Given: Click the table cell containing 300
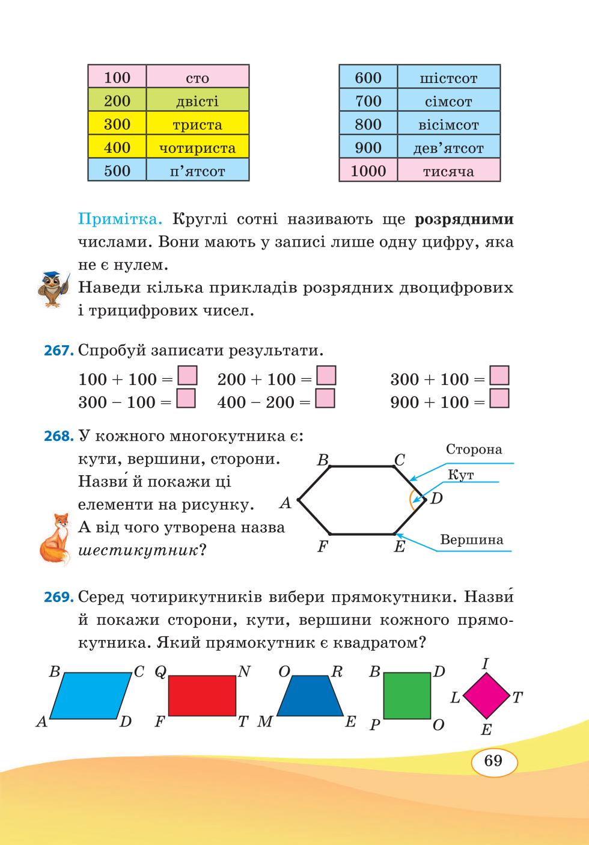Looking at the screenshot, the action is coord(117,123).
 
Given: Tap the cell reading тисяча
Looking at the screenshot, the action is coord(449,170).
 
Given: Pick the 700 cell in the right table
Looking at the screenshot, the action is coord(368,100).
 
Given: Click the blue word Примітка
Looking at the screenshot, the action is coord(120,219).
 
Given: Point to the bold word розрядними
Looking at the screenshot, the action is coord(464,220).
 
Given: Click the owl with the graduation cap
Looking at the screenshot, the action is coord(54,289).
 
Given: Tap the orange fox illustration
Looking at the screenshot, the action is coord(55,539).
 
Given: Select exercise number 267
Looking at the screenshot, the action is coord(58,351).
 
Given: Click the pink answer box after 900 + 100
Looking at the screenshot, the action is coord(499,399).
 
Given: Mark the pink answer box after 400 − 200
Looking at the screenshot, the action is coord(325,399).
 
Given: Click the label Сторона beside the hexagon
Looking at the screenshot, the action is coord(474,449).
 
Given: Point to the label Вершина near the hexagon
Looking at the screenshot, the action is coord(472,540).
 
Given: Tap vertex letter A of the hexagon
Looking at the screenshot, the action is coord(285,503).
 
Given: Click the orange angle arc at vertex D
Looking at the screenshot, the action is coord(411,500).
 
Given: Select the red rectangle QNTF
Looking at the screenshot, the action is coord(202,696).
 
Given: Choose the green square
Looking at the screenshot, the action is coord(407,696).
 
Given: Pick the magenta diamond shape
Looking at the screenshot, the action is coord(486,696).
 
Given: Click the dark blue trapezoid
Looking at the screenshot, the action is coord(310,696).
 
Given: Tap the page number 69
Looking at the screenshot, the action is coord(493,760).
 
